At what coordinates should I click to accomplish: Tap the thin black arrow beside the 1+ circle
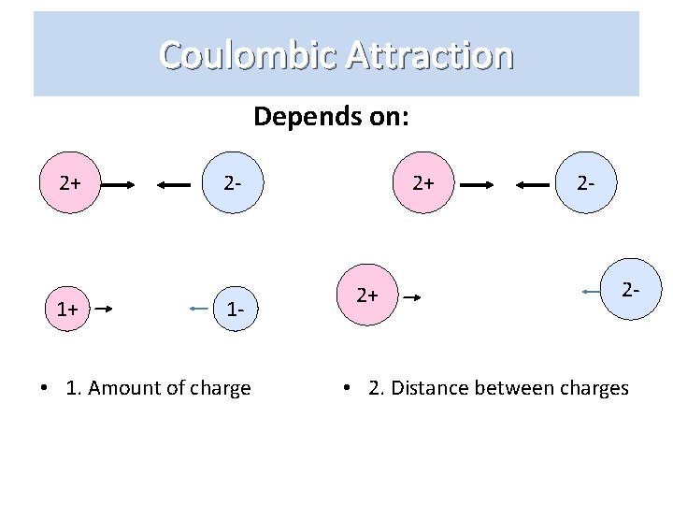(x=105, y=308)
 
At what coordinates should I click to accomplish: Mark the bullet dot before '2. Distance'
(x=347, y=388)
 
